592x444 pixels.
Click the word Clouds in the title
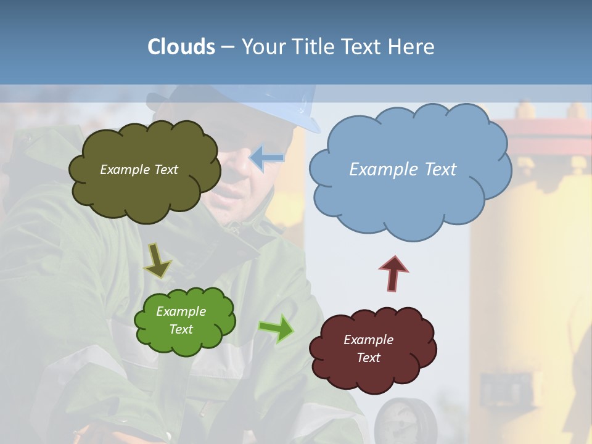point(181,47)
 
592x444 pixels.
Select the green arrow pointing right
point(276,328)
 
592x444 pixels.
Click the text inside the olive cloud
point(139,170)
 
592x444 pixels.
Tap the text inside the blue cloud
point(403,170)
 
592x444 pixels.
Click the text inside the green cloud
point(181,320)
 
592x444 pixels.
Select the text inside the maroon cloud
point(368,348)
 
